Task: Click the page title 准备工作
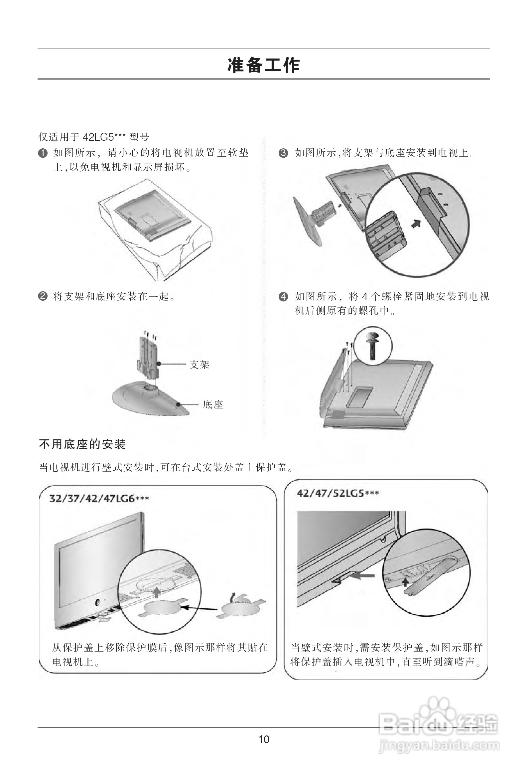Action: pos(263,65)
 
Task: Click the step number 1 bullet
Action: pos(43,153)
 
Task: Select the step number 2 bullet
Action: pos(43,296)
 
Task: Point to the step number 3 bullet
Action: pos(283,153)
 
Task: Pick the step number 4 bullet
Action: pos(283,296)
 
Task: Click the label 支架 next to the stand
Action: pos(199,365)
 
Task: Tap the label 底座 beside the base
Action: pos(213,404)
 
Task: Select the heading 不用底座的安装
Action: pos(82,444)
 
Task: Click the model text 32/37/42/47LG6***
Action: pos(99,499)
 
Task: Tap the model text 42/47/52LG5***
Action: pos(338,493)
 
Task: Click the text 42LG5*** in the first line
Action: pos(104,137)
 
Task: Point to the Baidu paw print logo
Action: pos(437,712)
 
